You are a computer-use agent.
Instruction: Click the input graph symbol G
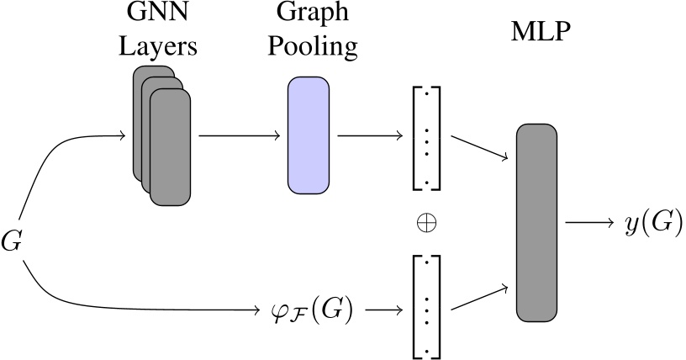tap(12, 242)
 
